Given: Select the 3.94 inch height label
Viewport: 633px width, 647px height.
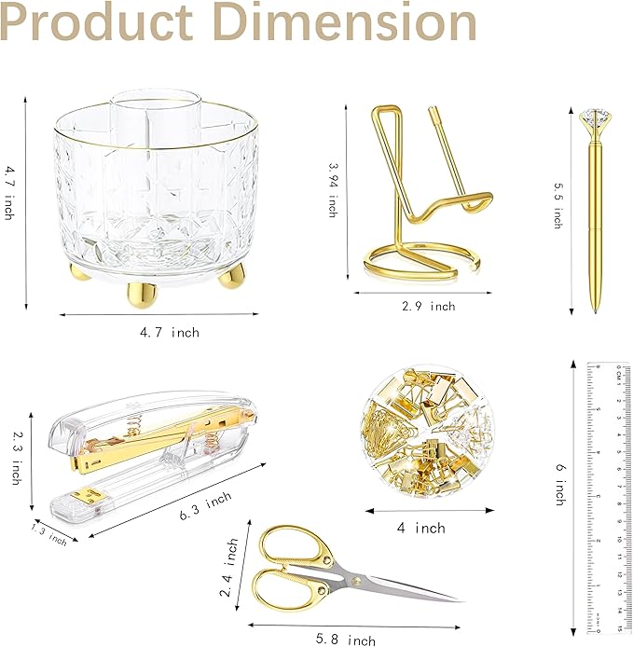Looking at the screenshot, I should point(333,190).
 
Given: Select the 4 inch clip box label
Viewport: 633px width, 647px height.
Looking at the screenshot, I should point(430,528).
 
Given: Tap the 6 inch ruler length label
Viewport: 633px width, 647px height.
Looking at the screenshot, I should point(559,480).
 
